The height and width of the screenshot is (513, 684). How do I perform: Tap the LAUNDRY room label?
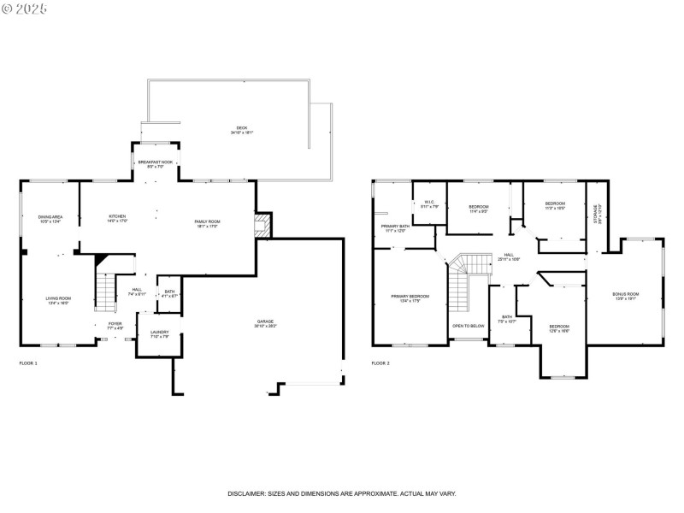tap(159, 334)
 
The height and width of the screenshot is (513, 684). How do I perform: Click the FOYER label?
tap(115, 326)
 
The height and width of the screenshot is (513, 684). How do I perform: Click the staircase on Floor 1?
tap(105, 292)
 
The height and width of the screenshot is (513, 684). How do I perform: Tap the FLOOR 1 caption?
tap(28, 363)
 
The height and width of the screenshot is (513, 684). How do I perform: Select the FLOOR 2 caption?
tap(380, 363)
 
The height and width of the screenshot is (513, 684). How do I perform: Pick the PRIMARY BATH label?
tap(396, 227)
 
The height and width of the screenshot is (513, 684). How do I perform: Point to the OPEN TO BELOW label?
tap(469, 326)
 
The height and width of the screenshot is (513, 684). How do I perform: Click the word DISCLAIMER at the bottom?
tap(249, 494)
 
